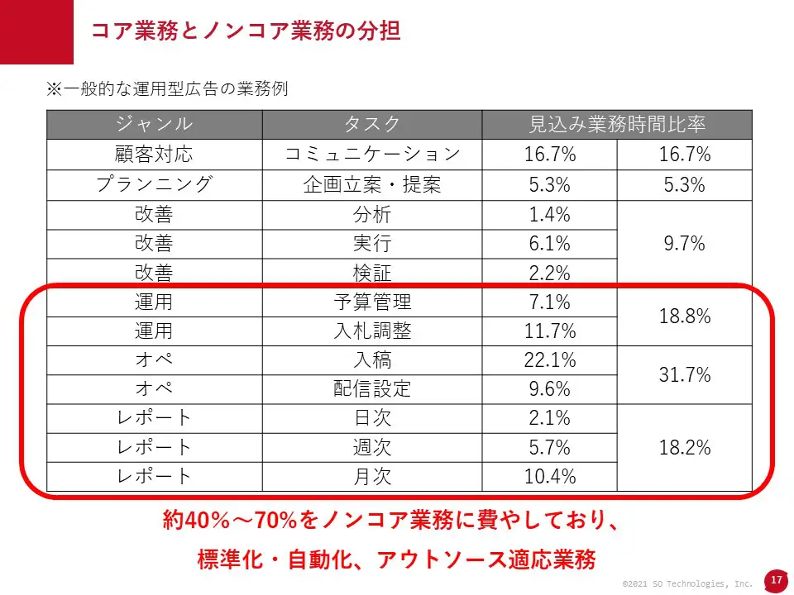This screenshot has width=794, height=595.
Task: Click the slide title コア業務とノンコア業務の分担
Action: (x=246, y=31)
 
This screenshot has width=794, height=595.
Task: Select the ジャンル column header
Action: (x=154, y=124)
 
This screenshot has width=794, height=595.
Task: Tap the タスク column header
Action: (x=372, y=124)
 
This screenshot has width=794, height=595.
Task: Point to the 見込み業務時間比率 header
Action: (x=617, y=124)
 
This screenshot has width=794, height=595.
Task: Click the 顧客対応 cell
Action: (x=154, y=155)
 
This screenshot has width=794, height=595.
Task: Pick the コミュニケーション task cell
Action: (x=372, y=155)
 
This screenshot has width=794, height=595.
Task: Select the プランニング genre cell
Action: (x=154, y=184)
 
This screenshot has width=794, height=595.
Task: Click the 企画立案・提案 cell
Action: (x=372, y=184)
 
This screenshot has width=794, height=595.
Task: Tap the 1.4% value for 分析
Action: (x=549, y=215)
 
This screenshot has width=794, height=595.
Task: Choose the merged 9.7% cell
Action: (x=685, y=244)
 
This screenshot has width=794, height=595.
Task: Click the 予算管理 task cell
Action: (x=372, y=302)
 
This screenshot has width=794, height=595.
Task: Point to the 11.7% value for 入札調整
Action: (x=549, y=331)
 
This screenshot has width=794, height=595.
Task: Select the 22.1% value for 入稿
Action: (x=549, y=360)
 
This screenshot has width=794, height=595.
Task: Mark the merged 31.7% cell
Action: (x=685, y=374)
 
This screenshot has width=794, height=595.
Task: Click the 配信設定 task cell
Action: (x=372, y=388)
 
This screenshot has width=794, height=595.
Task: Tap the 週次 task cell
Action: (x=372, y=447)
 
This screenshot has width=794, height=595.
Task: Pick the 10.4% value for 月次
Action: (x=549, y=476)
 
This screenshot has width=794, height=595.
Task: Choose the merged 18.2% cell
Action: (x=685, y=447)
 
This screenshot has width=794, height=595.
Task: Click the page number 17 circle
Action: (x=776, y=580)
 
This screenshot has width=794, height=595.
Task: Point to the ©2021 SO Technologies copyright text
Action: (x=687, y=583)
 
